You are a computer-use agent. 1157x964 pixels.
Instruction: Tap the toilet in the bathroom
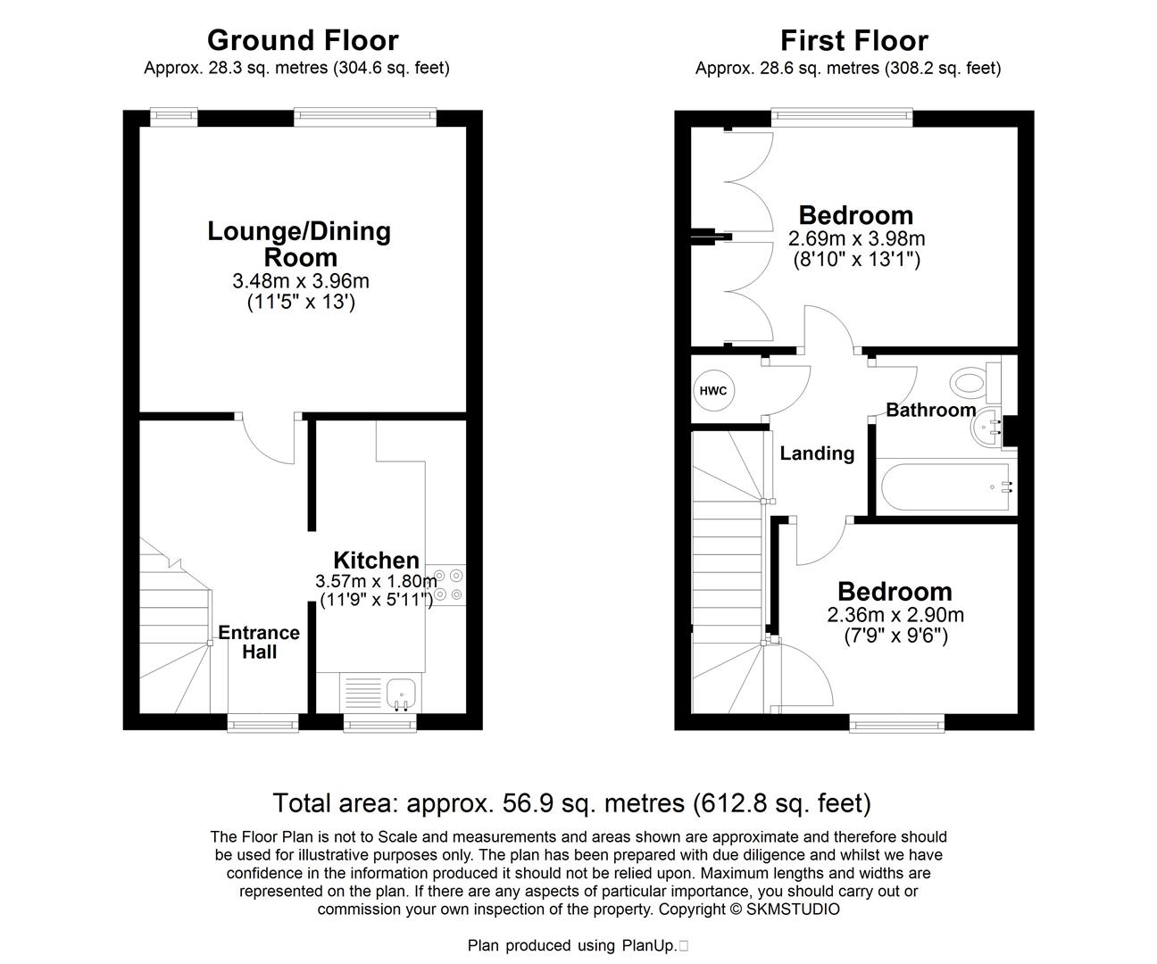(x=975, y=382)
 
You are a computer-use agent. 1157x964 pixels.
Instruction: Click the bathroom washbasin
(x=986, y=428)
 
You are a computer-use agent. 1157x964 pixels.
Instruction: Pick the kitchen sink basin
(x=401, y=694)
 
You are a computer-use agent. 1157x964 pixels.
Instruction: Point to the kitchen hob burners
(x=448, y=585)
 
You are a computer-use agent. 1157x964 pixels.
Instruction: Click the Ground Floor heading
(x=303, y=40)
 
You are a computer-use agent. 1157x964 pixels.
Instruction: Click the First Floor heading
(x=853, y=40)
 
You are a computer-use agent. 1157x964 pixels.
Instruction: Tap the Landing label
(x=817, y=453)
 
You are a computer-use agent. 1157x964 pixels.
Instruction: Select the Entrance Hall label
(x=259, y=642)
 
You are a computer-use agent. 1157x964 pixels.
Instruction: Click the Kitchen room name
(x=376, y=561)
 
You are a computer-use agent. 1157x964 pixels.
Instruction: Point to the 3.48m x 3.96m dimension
(x=301, y=281)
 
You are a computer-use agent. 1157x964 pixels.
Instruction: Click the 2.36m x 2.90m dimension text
(x=895, y=615)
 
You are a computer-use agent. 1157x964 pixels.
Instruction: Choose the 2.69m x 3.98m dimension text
(x=857, y=239)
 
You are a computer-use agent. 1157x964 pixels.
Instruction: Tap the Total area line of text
(x=572, y=802)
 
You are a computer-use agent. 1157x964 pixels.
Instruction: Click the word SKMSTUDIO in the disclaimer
(x=793, y=910)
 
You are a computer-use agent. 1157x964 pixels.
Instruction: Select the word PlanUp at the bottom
(x=649, y=946)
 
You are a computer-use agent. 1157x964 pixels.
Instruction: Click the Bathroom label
(x=931, y=410)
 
